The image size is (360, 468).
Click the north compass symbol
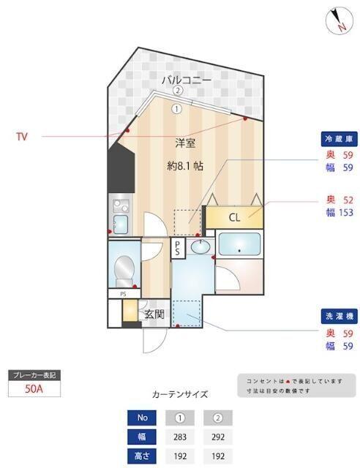[x=337, y=20]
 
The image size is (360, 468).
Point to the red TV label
[x=23, y=135]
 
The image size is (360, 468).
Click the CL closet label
[x=234, y=216]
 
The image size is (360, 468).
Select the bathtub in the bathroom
[x=239, y=245]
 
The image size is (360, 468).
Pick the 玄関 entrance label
[x=154, y=315]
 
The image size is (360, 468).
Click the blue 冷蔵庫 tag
[x=339, y=139]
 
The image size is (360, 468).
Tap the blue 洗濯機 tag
[x=339, y=316]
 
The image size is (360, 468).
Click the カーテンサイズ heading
[x=179, y=394]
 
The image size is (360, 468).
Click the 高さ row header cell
[x=142, y=456]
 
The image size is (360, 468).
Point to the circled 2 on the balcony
[x=178, y=91]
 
